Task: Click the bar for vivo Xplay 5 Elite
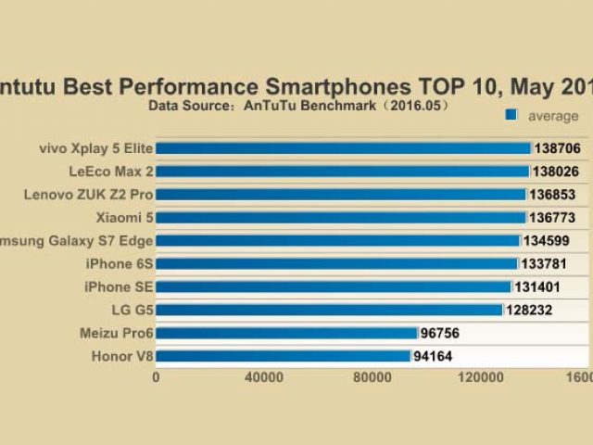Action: tap(343, 148)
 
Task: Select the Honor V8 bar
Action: tap(283, 356)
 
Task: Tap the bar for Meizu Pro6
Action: tap(286, 333)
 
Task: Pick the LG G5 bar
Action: tap(329, 310)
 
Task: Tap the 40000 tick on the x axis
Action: tap(264, 378)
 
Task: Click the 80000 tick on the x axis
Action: tap(372, 378)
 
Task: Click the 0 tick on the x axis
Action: tap(156, 378)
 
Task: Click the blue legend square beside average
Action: tap(511, 116)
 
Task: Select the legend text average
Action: tap(553, 116)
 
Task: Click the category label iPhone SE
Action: tap(118, 286)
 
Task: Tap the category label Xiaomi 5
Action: tap(123, 218)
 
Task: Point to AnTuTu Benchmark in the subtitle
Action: tap(302, 106)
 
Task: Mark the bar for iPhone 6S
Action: tap(336, 264)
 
